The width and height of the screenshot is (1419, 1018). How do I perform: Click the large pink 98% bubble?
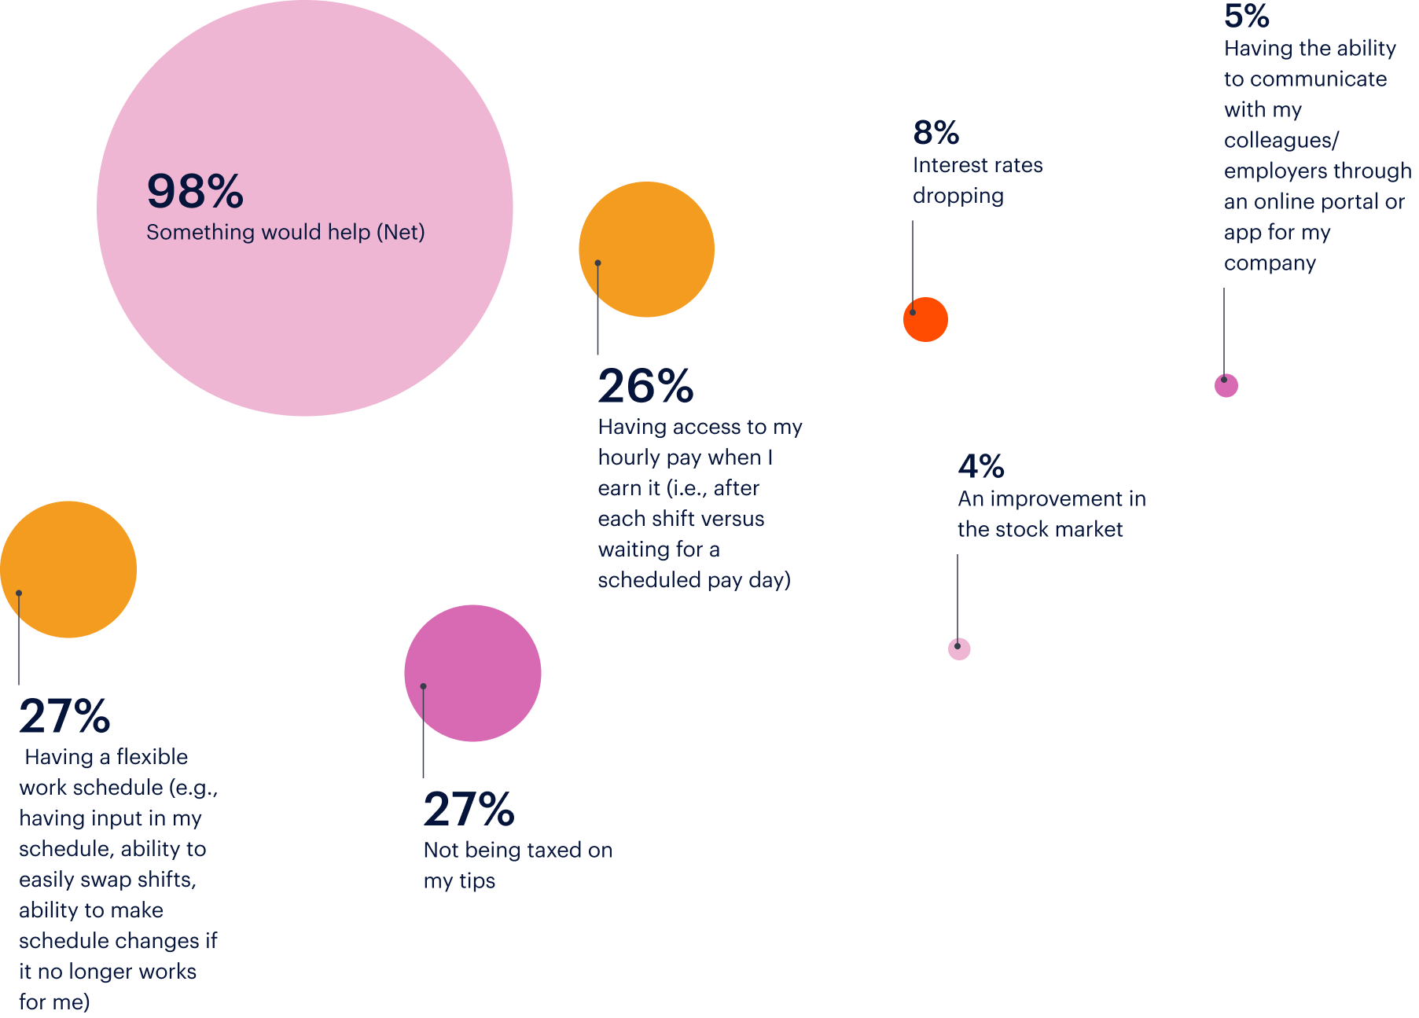pyautogui.click(x=305, y=314)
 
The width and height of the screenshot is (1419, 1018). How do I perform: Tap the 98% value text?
pyautogui.click(x=195, y=191)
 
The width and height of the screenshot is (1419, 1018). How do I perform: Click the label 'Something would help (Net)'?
pyautogui.click(x=285, y=233)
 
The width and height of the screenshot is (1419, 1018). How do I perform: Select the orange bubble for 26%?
pyautogui.click(x=646, y=249)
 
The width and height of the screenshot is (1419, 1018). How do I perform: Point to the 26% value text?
pyautogui.click(x=645, y=386)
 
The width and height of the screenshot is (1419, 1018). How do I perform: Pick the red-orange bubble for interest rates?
pyautogui.click(x=925, y=319)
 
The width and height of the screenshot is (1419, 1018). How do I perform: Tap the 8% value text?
pyautogui.click(x=936, y=133)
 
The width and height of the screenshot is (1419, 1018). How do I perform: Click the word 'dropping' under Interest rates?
pyautogui.click(x=958, y=196)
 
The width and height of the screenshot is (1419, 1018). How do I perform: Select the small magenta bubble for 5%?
pyautogui.click(x=1226, y=385)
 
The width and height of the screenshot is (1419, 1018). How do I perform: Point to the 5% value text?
pyautogui.click(x=1247, y=16)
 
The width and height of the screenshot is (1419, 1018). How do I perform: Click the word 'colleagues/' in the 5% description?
pyautogui.click(x=1281, y=141)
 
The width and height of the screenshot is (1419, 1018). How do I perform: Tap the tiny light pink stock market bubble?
pyautogui.click(x=959, y=649)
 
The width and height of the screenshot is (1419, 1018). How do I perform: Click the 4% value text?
pyautogui.click(x=981, y=466)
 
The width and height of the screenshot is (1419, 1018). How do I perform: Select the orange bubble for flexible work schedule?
pyautogui.click(x=68, y=569)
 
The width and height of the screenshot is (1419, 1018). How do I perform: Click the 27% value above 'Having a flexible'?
pyautogui.click(x=64, y=716)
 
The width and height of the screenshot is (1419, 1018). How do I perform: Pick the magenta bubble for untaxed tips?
pyautogui.click(x=472, y=673)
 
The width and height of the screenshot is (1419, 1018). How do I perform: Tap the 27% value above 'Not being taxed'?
pyautogui.click(x=469, y=810)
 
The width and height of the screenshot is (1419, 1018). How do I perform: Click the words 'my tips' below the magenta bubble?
pyautogui.click(x=459, y=881)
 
